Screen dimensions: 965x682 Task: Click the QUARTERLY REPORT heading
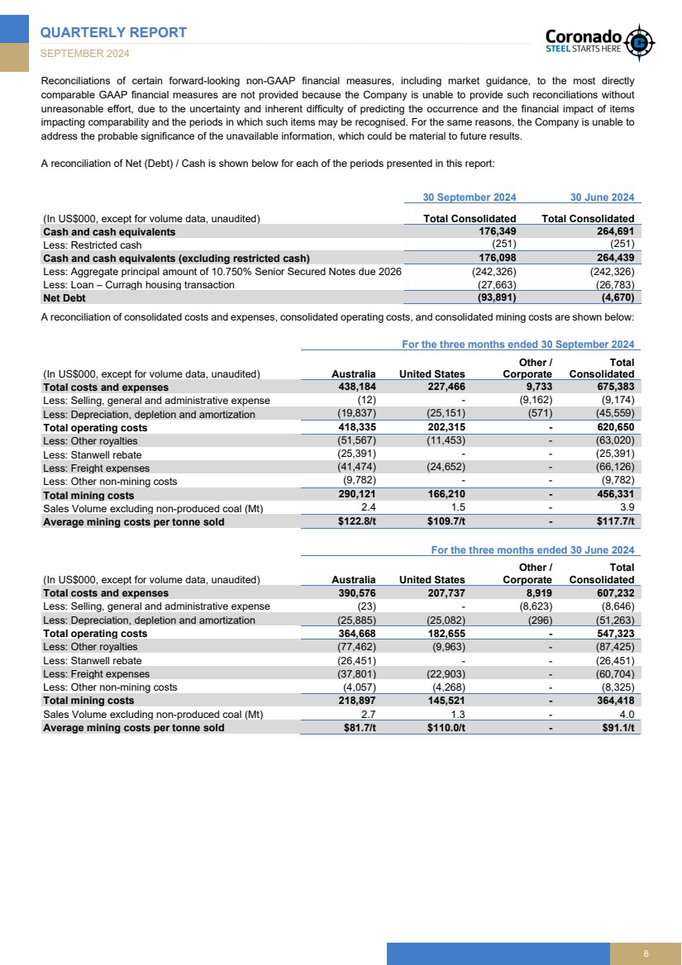point(114,32)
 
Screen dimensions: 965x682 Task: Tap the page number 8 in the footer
point(646,954)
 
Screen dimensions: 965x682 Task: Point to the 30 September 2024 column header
point(469,197)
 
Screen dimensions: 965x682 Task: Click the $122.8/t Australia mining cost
point(353,521)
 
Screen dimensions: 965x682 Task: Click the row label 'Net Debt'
point(67,297)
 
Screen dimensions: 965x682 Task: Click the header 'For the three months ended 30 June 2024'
point(532,550)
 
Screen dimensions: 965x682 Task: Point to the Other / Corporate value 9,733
point(536,387)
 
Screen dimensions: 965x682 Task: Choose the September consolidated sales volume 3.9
point(627,508)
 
